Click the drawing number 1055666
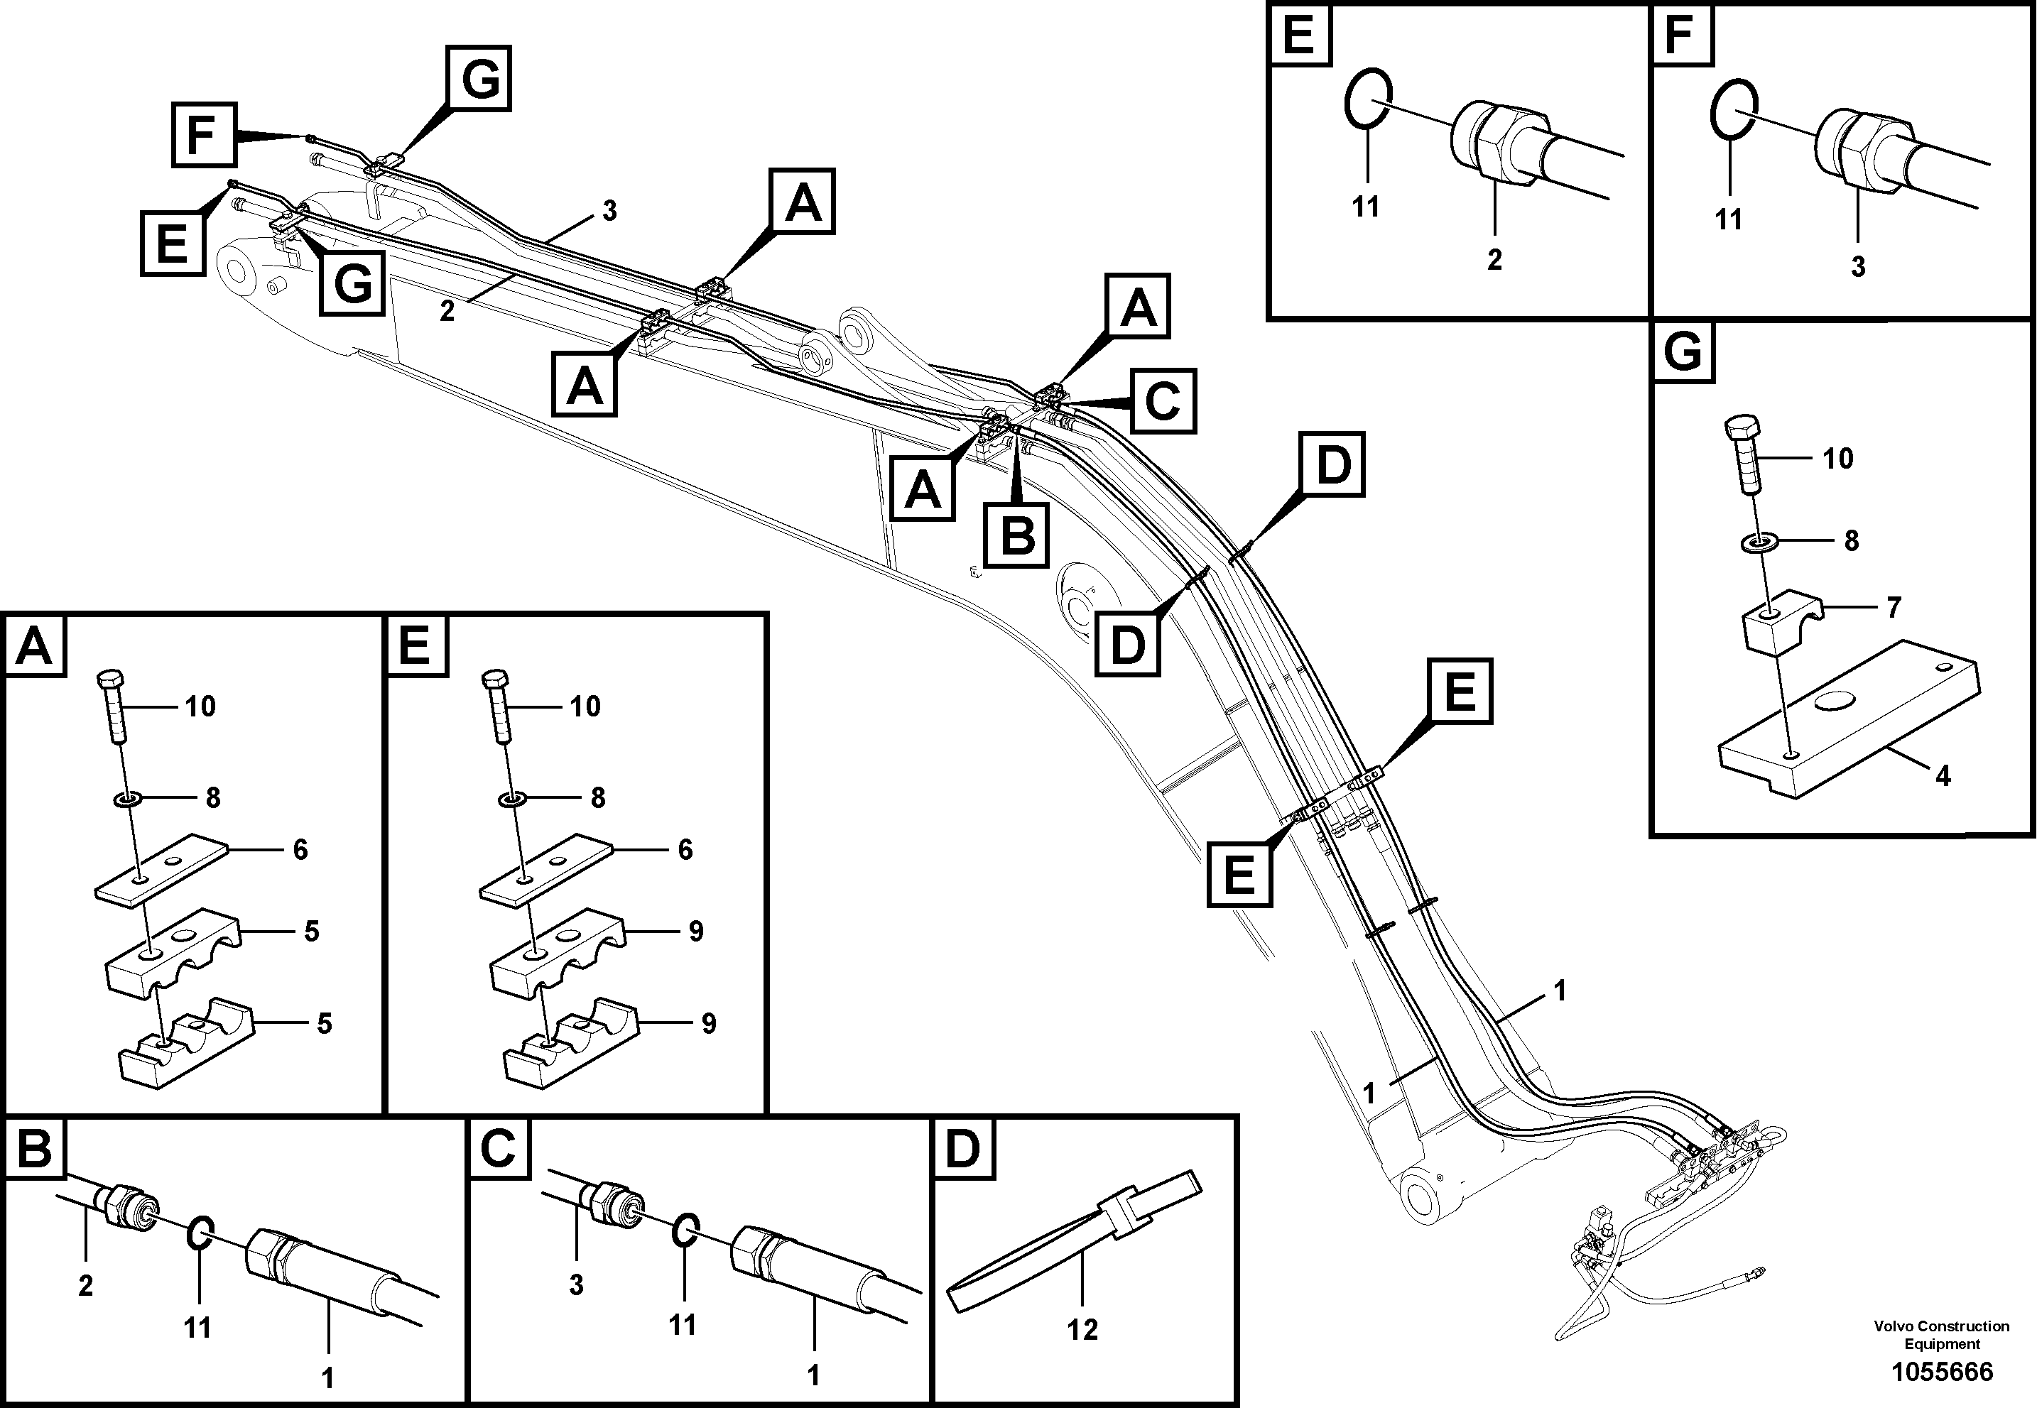tap(1941, 1372)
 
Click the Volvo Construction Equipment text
tap(1941, 1334)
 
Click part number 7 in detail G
tap(1894, 607)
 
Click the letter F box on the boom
tap(204, 134)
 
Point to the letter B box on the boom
tap(1017, 535)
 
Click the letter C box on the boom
tap(1163, 401)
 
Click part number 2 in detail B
tap(85, 1285)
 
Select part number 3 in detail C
tap(576, 1284)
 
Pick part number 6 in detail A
tap(300, 850)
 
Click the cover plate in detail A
tap(161, 868)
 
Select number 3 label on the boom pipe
tap(609, 211)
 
